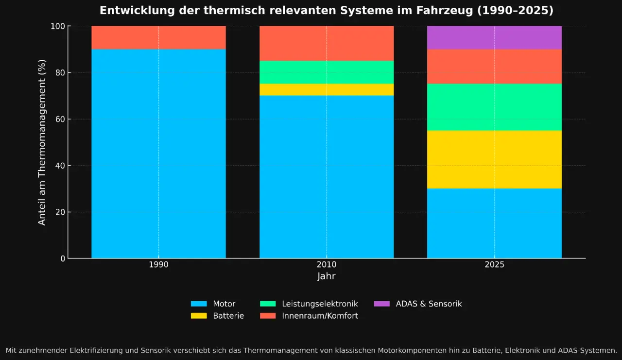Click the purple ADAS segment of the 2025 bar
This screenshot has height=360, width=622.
point(494,37)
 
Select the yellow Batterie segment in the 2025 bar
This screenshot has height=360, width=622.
point(494,159)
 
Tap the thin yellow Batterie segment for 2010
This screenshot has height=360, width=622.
point(327,90)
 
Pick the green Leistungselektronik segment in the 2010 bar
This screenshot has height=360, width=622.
point(327,72)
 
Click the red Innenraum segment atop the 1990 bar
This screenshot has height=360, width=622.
point(158,37)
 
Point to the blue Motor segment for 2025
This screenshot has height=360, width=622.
point(494,223)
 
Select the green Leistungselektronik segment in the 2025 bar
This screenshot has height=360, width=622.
point(494,107)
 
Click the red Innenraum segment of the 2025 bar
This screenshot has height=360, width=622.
point(494,67)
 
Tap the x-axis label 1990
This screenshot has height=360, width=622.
point(158,265)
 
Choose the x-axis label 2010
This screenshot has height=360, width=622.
point(327,265)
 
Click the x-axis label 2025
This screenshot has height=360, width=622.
point(494,265)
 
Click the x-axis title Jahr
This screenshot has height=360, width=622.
point(327,276)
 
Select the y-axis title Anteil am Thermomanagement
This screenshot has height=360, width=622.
point(42,142)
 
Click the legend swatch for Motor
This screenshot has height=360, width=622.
point(198,304)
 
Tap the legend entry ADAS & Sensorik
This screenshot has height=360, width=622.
point(429,304)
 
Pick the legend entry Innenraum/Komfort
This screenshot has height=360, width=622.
point(320,316)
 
